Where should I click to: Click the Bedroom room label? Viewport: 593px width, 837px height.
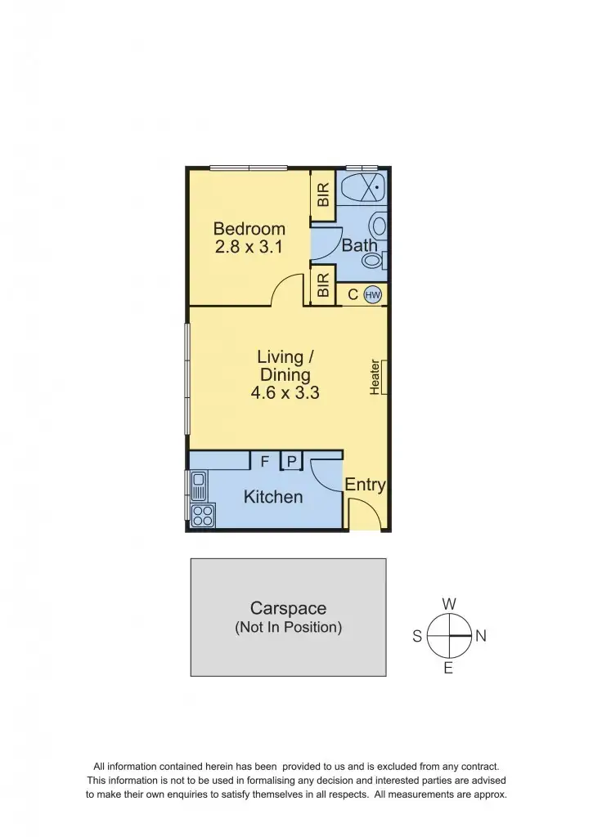[249, 229]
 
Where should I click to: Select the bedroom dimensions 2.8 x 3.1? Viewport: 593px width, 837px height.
[249, 247]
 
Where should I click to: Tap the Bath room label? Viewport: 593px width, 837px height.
[360, 245]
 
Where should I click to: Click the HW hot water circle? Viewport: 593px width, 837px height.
[373, 294]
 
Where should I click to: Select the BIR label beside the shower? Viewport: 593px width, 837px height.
[323, 195]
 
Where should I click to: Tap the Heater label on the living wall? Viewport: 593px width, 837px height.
[375, 378]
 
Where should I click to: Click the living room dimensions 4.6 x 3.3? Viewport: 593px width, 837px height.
[285, 393]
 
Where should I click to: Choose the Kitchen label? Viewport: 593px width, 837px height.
[273, 497]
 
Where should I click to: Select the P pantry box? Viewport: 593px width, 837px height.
[291, 462]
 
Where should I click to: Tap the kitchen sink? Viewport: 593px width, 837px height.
[199, 487]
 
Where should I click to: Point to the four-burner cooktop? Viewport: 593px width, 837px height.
[203, 515]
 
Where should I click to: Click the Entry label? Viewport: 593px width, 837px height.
[365, 485]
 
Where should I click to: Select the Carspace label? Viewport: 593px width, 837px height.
[288, 608]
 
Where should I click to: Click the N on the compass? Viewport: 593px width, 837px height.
[481, 637]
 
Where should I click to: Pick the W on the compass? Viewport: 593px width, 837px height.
[449, 604]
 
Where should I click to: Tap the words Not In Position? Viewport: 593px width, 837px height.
[288, 628]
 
